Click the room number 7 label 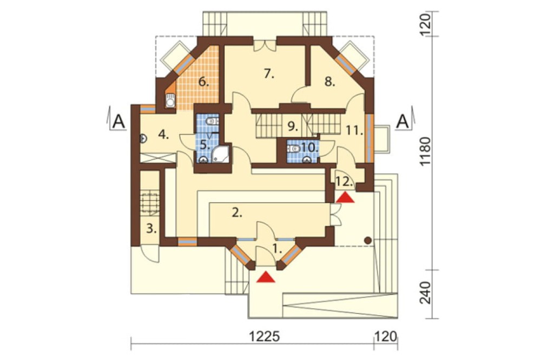269,74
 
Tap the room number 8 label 329,82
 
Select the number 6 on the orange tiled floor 203,82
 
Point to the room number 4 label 163,135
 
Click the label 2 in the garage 237,212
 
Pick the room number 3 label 151,228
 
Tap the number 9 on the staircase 293,126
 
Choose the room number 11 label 354,130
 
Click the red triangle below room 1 266,277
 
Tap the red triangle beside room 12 345,198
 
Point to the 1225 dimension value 265,336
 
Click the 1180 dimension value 426,152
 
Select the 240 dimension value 426,293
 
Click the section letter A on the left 118,122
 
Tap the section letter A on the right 403,122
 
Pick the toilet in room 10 293,149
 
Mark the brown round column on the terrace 368,240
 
